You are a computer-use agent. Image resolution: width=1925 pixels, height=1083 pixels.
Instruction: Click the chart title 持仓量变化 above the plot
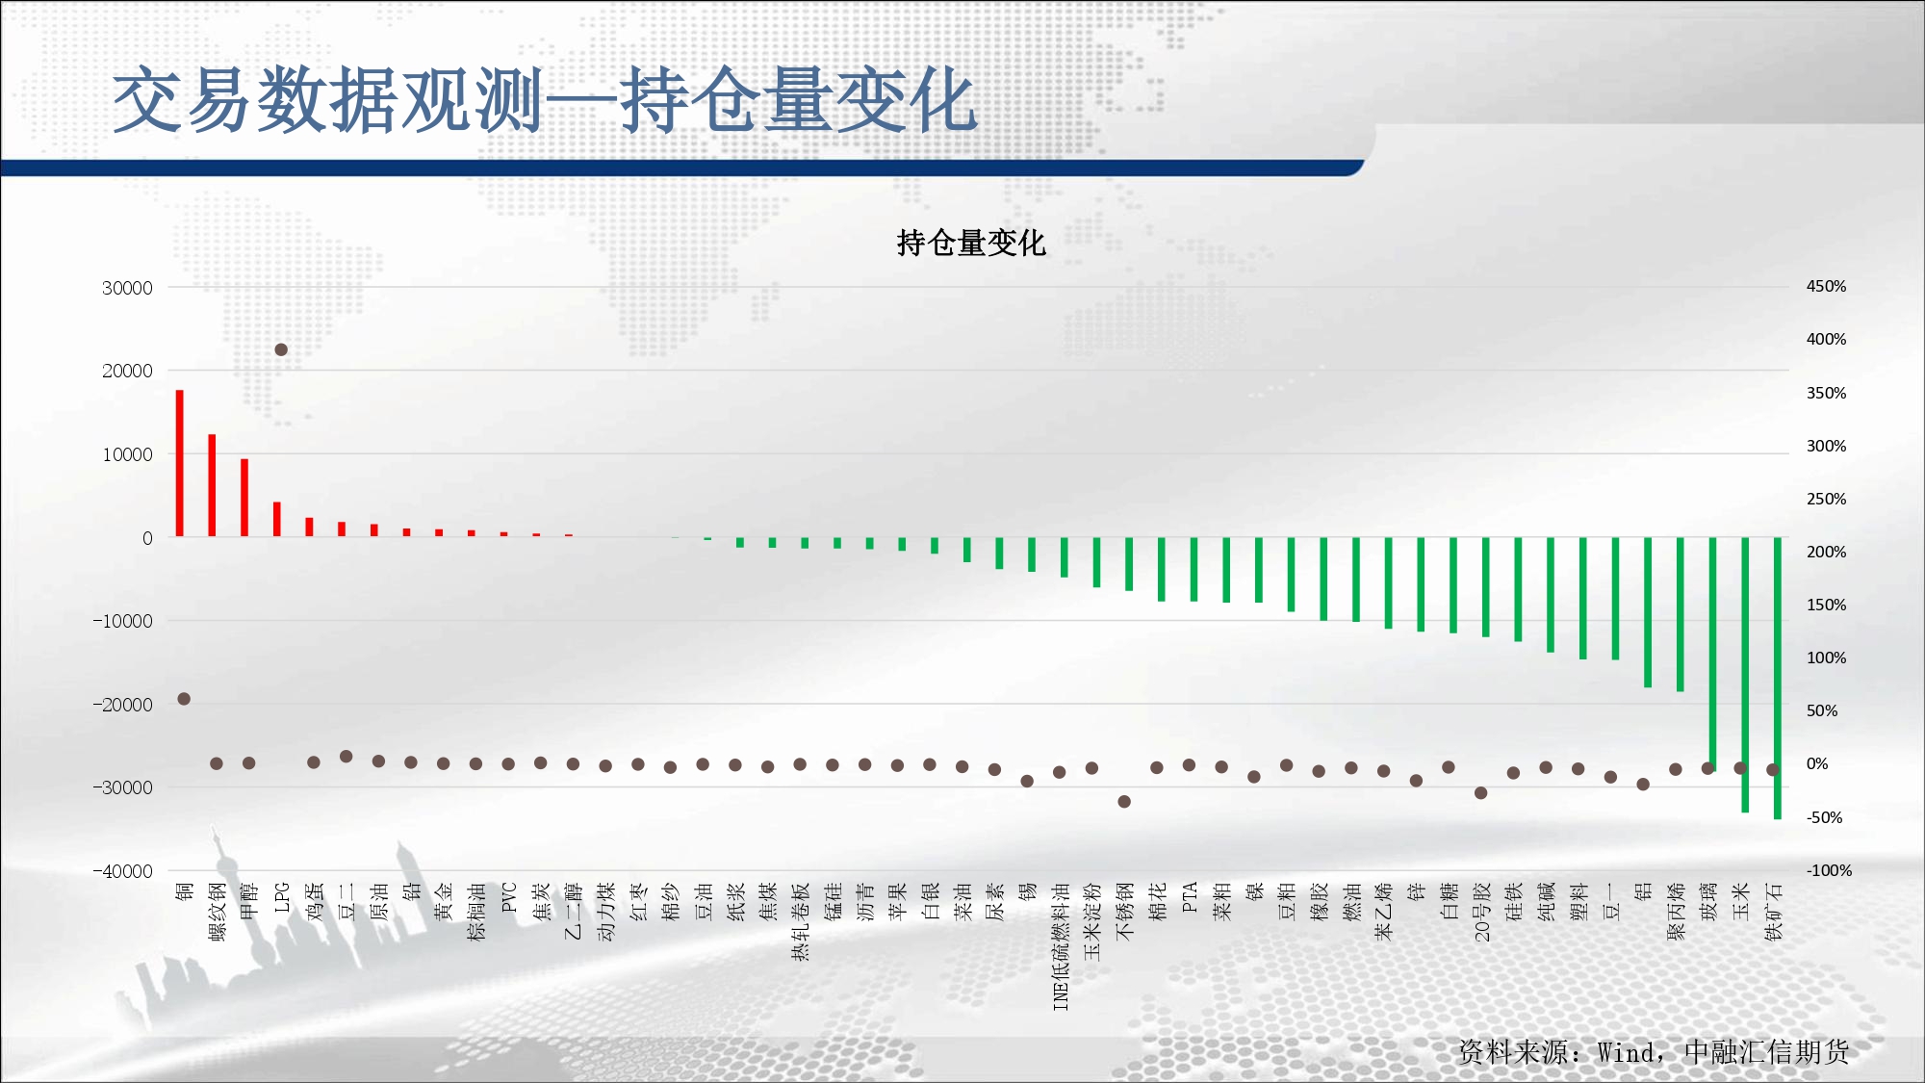[x=970, y=243]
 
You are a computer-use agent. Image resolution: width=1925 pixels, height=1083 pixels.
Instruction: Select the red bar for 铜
[x=180, y=463]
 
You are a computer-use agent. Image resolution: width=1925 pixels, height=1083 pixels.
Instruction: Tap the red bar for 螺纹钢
[x=212, y=485]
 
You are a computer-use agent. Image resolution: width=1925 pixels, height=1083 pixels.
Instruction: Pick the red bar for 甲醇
[x=244, y=498]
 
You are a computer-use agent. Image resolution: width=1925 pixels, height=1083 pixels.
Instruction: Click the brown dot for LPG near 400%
[x=281, y=349]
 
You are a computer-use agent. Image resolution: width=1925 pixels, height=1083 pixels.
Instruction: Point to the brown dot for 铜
[x=184, y=699]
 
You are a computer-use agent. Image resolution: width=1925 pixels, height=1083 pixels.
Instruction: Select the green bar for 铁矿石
[x=1778, y=678]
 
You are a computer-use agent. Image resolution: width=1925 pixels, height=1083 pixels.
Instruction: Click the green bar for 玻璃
[x=1712, y=654]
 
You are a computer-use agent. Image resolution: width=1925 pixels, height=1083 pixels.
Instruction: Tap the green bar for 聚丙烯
[x=1681, y=614]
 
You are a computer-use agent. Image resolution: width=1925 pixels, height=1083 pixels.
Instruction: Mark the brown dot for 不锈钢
[x=1124, y=801]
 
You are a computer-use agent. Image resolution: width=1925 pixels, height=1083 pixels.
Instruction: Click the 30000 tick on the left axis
[x=127, y=288]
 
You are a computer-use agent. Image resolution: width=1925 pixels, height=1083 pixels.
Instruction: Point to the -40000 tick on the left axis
[x=123, y=871]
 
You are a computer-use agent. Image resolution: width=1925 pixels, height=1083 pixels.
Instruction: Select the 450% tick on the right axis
[x=1826, y=287]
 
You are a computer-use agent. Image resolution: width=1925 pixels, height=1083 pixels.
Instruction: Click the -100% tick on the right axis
[x=1829, y=870]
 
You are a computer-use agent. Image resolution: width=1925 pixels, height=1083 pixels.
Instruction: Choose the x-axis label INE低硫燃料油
[x=1061, y=946]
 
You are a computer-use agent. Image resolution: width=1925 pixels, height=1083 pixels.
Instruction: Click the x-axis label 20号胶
[x=1481, y=912]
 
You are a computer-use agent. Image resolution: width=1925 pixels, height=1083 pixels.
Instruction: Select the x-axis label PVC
[x=509, y=897]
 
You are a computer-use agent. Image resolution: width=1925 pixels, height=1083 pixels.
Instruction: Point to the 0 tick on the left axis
[x=147, y=538]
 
